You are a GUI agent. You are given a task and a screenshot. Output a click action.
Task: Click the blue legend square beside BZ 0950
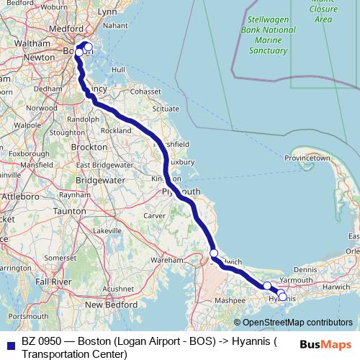coord(7,342)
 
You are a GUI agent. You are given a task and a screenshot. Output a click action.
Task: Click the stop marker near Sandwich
coord(214,253)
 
